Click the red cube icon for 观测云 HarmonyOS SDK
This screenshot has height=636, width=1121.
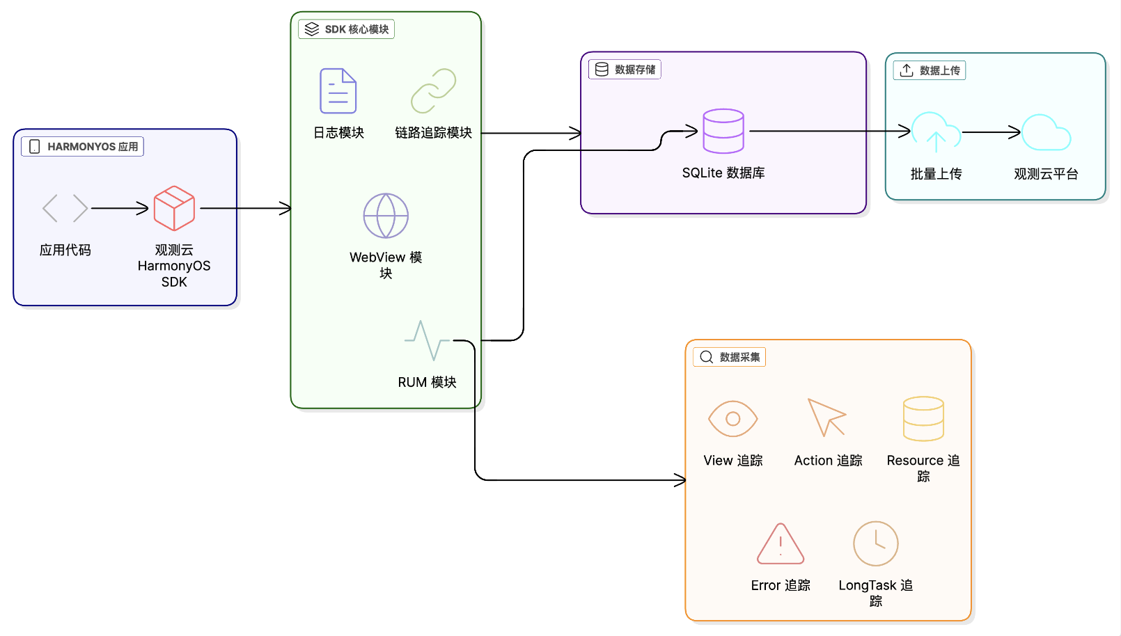click(x=174, y=208)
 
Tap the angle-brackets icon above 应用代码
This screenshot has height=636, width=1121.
click(x=65, y=208)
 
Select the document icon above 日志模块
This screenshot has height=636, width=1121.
click(x=338, y=91)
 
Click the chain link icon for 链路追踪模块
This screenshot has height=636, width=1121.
click(x=433, y=91)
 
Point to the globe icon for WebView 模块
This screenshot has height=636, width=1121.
click(x=386, y=216)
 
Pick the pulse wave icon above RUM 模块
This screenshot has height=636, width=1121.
click(x=427, y=340)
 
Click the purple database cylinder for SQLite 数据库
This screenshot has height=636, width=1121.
click(x=723, y=131)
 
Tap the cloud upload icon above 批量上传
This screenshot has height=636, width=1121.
click(x=936, y=132)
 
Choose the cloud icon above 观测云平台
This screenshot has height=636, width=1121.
click(x=1046, y=132)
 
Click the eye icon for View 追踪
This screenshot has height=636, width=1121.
click(x=732, y=419)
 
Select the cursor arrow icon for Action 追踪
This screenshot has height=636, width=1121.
click(x=826, y=418)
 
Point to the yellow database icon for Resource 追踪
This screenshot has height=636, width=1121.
click(x=923, y=419)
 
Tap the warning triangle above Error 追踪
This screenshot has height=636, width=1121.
click(x=781, y=544)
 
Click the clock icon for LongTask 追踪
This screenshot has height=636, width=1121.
click(x=876, y=543)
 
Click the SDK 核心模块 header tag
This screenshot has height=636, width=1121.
click(x=347, y=29)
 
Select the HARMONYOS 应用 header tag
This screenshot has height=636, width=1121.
click(x=83, y=147)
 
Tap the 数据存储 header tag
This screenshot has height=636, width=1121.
click(x=625, y=70)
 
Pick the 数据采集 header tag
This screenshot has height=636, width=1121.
click(x=730, y=357)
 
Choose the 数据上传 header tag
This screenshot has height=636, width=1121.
click(x=930, y=70)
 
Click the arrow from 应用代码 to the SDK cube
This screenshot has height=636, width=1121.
click(x=120, y=208)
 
